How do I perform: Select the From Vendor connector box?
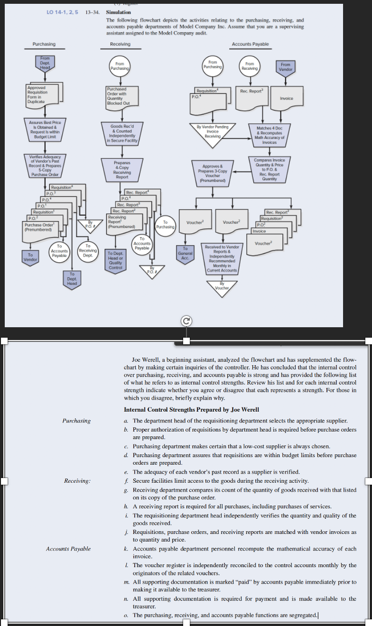tap(285, 67)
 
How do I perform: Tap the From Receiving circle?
tap(250, 66)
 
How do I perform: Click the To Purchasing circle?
tap(165, 224)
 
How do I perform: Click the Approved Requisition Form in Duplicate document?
tap(41, 94)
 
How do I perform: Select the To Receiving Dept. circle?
tap(88, 251)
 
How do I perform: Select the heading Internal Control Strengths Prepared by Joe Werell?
tap(191, 410)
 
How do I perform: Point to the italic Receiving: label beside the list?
tap(77, 481)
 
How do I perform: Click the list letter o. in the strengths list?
tap(126, 615)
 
